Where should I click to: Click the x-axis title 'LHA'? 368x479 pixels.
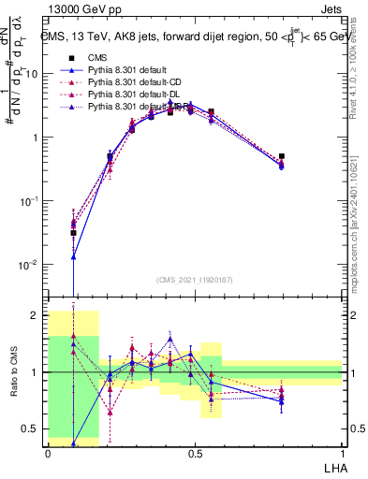pyautogui.click(x=332, y=465)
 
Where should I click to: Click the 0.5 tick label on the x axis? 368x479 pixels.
pyautogui.click(x=195, y=452)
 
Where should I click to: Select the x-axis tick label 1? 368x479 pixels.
pyautogui.click(x=342, y=452)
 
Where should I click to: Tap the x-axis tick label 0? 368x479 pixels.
pyautogui.click(x=48, y=452)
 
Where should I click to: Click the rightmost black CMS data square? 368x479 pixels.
pyautogui.click(x=282, y=156)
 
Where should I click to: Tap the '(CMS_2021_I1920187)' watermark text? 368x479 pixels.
pyautogui.click(x=195, y=279)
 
